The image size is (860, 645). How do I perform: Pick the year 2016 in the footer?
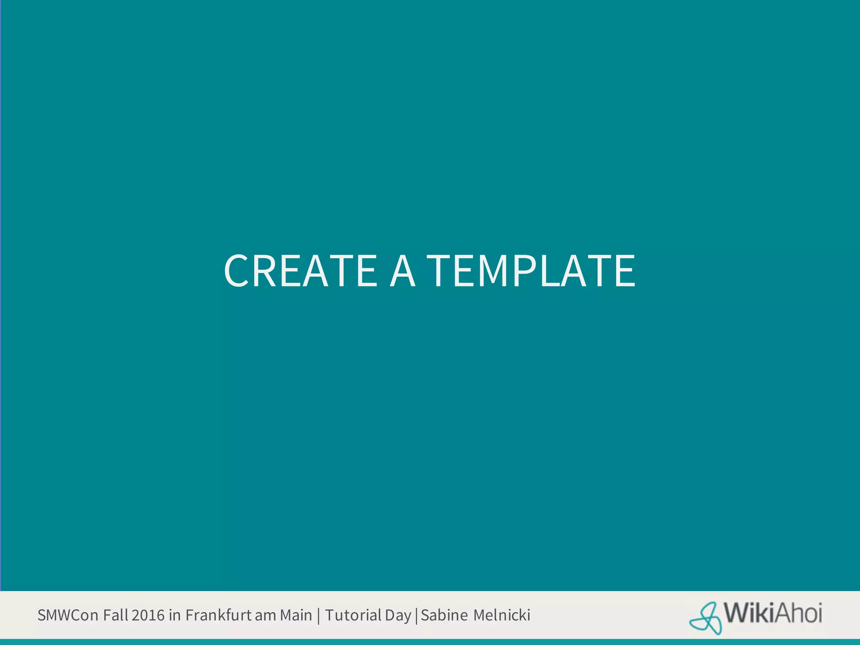(148, 615)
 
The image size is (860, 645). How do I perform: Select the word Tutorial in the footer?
(353, 615)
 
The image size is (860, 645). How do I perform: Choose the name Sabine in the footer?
(444, 615)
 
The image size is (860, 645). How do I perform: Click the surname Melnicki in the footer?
(502, 615)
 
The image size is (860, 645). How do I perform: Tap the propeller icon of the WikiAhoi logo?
(706, 618)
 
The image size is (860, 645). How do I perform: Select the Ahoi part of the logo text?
(798, 613)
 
